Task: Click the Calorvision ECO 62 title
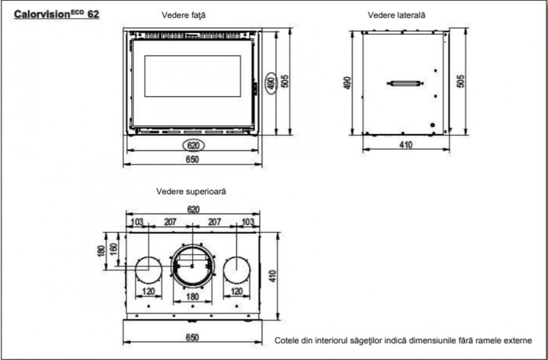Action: (57, 14)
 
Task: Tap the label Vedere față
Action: (184, 15)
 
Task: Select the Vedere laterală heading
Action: (396, 15)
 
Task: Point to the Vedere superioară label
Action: (191, 191)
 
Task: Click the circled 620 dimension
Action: (193, 145)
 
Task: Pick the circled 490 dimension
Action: (270, 83)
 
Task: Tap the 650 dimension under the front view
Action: (192, 159)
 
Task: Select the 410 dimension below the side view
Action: (406, 144)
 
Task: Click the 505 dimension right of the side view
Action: (460, 81)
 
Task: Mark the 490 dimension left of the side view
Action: (347, 83)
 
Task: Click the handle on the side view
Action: (405, 83)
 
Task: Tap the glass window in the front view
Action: (192, 76)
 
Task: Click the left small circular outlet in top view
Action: (149, 270)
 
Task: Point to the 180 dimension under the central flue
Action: (192, 296)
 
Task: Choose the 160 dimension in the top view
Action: (113, 249)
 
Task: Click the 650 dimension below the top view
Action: (192, 337)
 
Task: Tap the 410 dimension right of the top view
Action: (273, 275)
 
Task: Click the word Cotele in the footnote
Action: (287, 340)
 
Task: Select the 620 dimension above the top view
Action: (193, 209)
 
